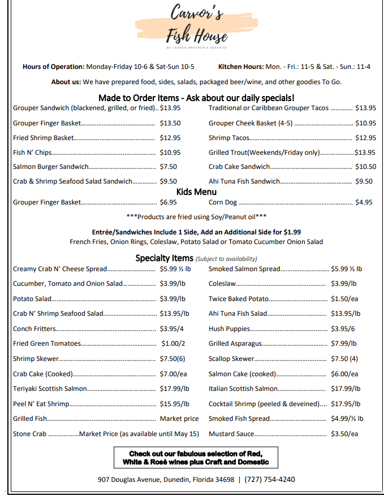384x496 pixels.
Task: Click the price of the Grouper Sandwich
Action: (x=170, y=107)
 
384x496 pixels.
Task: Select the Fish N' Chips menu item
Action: (x=32, y=152)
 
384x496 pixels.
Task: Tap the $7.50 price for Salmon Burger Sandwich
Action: (x=169, y=167)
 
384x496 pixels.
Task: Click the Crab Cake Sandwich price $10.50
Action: (x=365, y=167)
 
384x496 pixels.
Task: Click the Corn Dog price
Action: (x=363, y=202)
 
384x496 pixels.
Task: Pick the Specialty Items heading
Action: (x=165, y=258)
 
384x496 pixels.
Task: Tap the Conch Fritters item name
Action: (x=34, y=328)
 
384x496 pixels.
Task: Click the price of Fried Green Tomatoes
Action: (x=172, y=343)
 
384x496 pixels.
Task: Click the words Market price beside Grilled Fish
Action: (x=179, y=419)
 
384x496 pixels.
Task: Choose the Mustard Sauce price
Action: (x=344, y=434)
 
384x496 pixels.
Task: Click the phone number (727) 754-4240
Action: (x=272, y=479)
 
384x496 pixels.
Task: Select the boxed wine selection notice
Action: (x=196, y=458)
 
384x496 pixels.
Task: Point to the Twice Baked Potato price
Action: (x=344, y=299)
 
